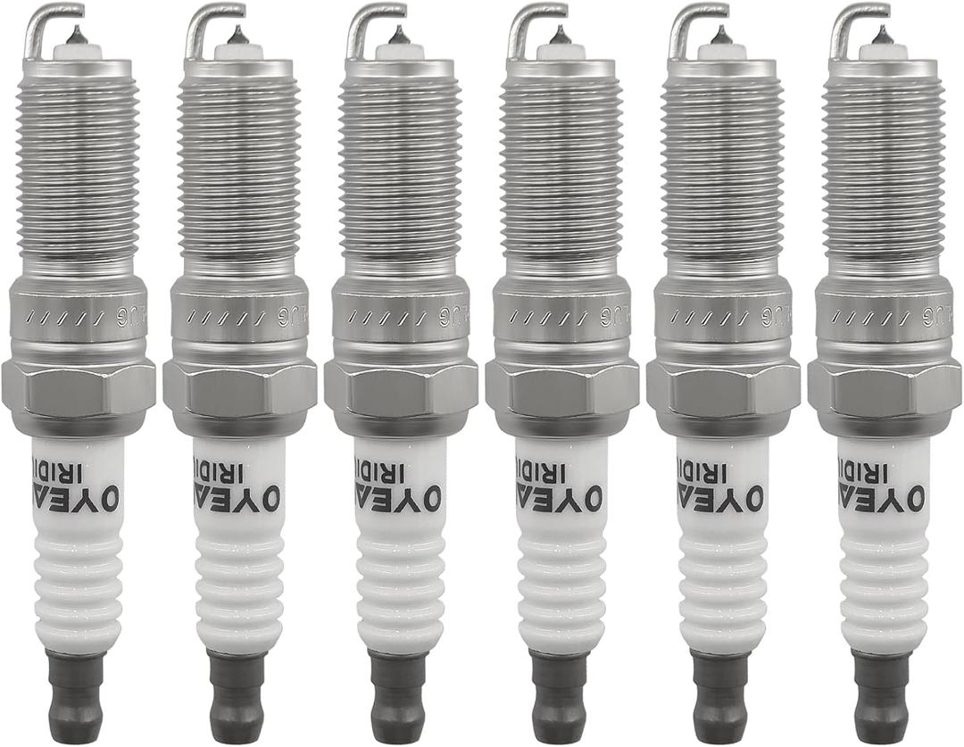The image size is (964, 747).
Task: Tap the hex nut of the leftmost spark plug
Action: click(x=79, y=387)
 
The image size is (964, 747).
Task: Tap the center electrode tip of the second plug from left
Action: click(x=237, y=36)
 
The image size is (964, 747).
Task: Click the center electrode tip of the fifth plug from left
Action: click(x=720, y=36)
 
